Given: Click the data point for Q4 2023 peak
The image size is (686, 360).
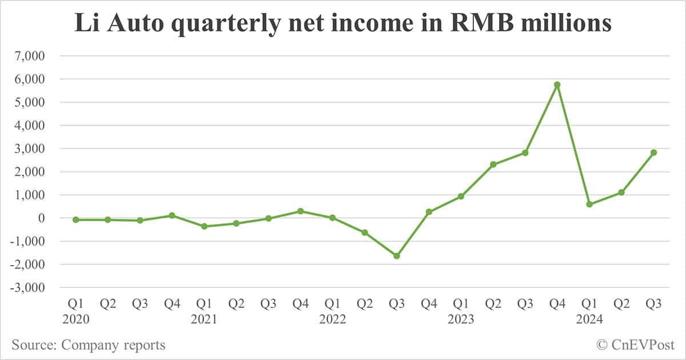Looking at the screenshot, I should [x=557, y=85].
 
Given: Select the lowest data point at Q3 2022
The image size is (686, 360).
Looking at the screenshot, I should [x=396, y=256].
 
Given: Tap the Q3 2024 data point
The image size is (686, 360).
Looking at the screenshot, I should [x=653, y=153].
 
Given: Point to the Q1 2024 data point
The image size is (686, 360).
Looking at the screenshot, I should [x=589, y=204].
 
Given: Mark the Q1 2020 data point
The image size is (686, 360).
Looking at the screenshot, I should [x=76, y=219].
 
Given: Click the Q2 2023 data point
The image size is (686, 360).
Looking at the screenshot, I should [x=493, y=165].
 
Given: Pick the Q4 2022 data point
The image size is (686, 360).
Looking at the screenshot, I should [x=429, y=212].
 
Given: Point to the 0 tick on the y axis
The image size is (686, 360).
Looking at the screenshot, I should [x=41, y=218].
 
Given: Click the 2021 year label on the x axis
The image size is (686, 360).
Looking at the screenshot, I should [x=204, y=319].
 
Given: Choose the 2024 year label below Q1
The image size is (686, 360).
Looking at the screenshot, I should [x=589, y=319].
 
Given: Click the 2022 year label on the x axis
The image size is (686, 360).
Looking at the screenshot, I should [x=332, y=319].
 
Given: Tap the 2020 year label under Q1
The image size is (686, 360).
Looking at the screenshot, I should [x=76, y=319].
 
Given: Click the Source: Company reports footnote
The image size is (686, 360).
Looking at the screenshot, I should [x=88, y=345].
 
